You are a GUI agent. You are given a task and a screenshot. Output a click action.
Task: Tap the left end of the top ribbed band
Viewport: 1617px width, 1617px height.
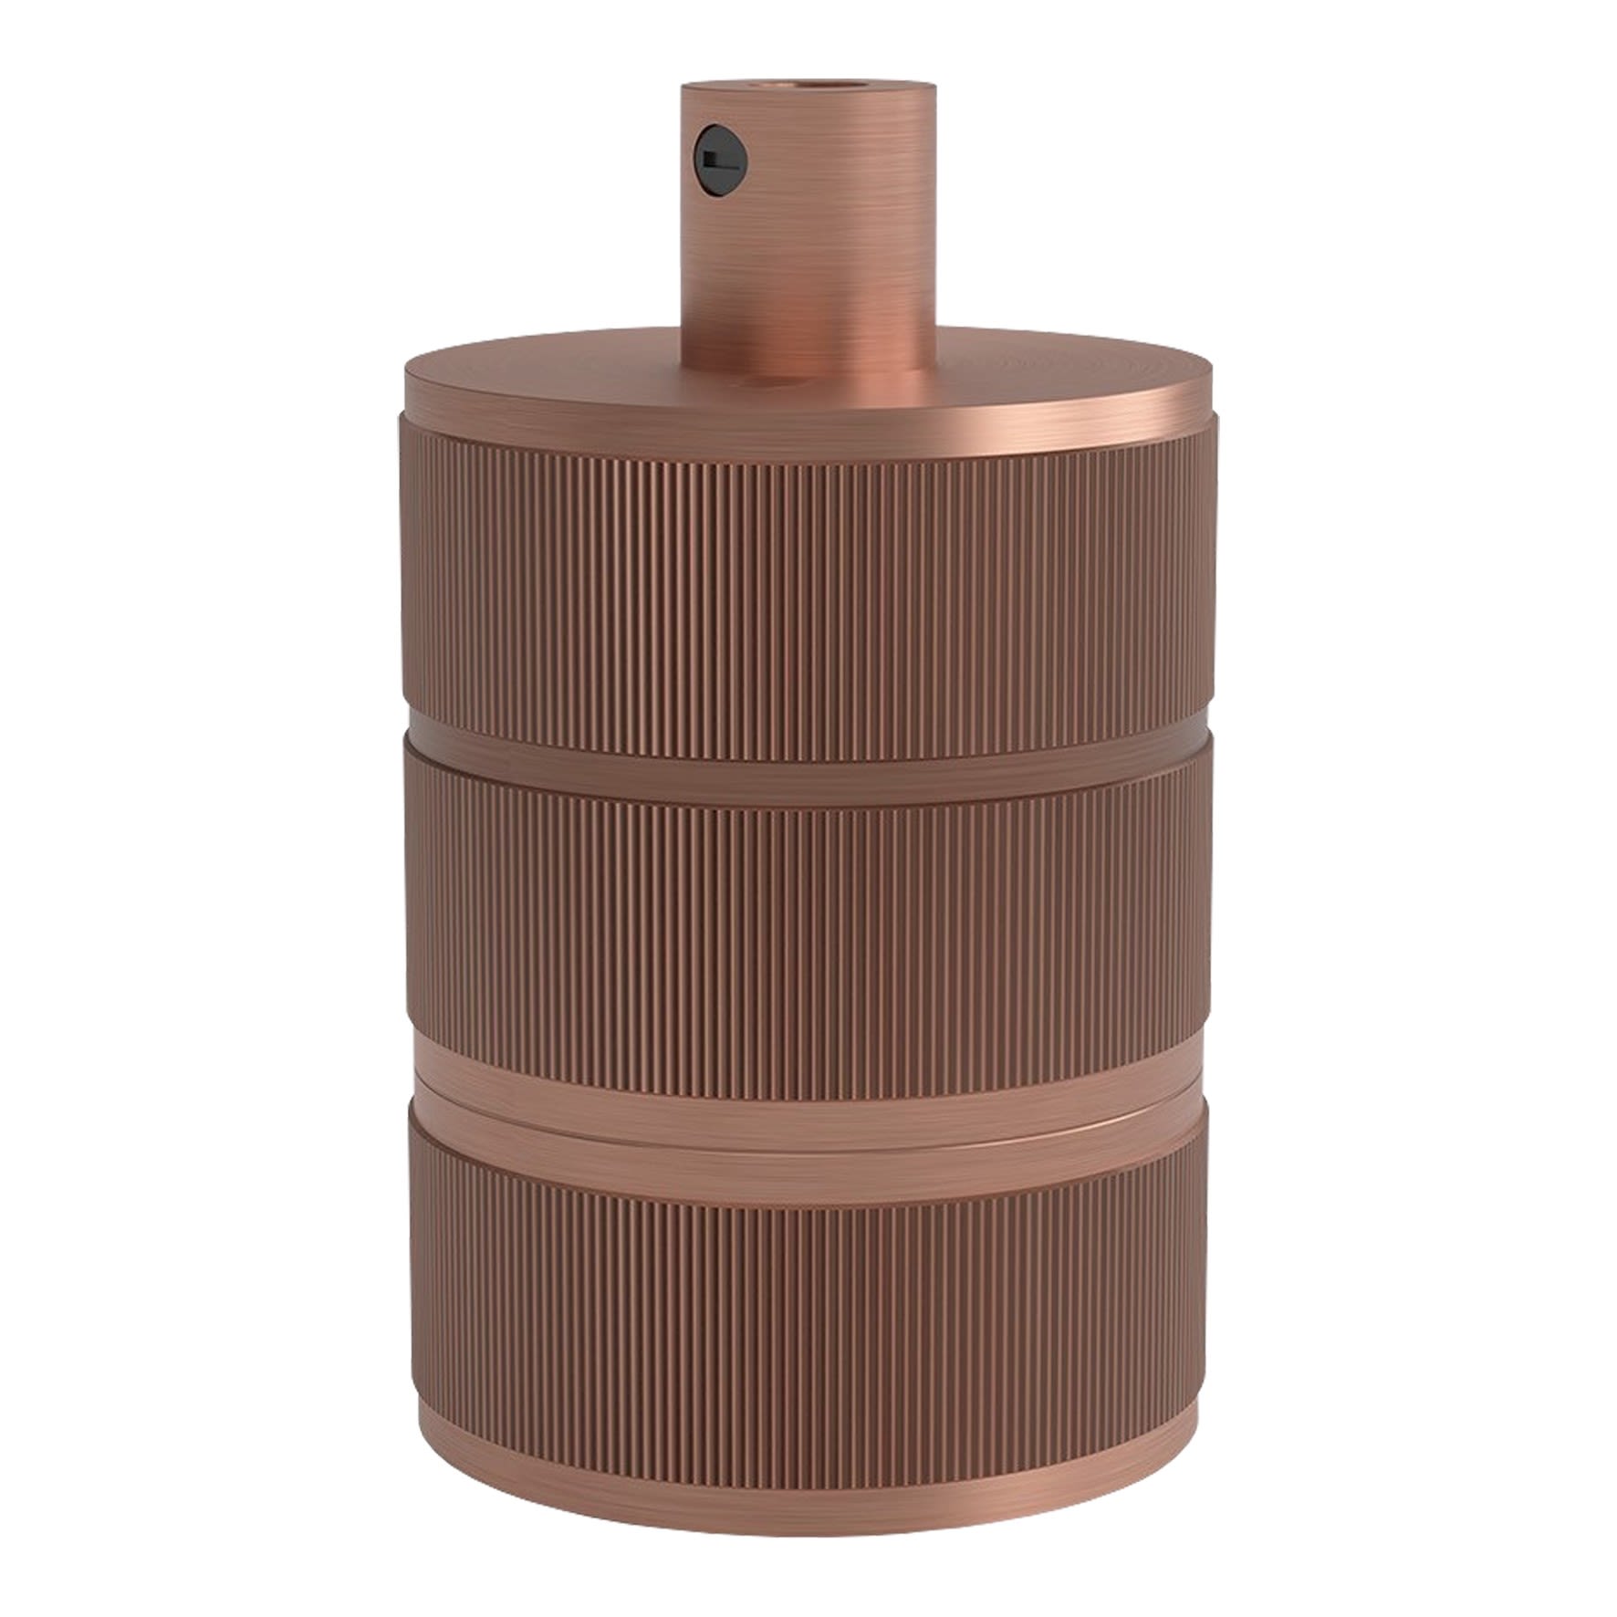click(x=415, y=584)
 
